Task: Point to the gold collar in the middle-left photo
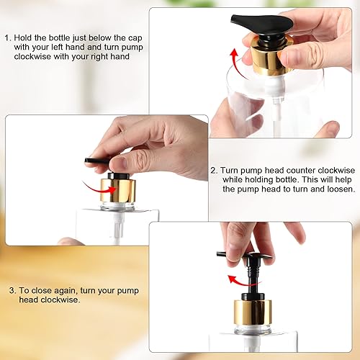[118, 192]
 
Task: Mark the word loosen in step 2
[338, 189]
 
